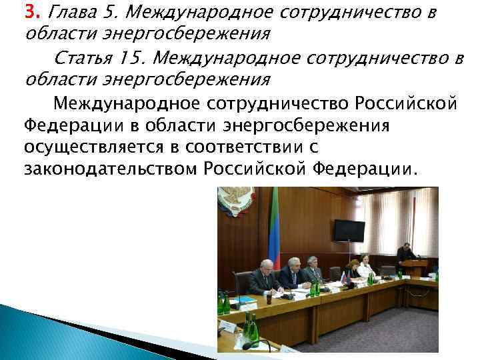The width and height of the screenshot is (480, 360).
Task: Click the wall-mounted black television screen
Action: pyautogui.click(x=349, y=230)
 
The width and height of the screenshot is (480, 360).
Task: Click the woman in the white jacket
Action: pyautogui.click(x=365, y=269)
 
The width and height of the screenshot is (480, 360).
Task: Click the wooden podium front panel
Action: pyautogui.click(x=415, y=269)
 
